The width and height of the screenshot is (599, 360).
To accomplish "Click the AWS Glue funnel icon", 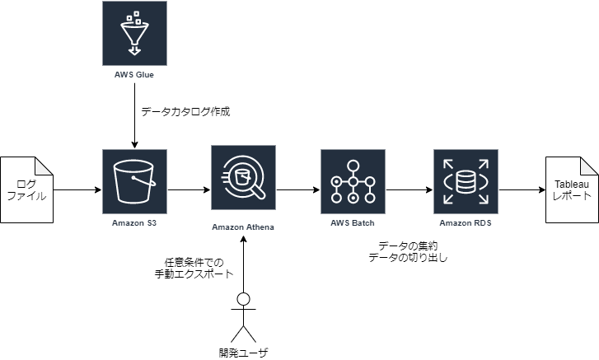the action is tap(134, 33).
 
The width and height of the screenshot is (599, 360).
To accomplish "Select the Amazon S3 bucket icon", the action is tap(134, 181).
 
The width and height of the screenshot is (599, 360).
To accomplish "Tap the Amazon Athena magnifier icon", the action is tap(243, 177).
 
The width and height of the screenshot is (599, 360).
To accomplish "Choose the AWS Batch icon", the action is tap(353, 181).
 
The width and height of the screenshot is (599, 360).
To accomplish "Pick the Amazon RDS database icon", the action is tap(466, 181).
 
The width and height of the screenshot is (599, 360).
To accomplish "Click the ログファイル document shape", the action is tap(26, 189).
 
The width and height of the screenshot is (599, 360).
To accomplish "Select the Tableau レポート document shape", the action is tap(572, 189).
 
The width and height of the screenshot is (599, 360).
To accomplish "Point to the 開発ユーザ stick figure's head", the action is tap(243, 299).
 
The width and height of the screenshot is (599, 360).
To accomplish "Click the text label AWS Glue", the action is tap(134, 75).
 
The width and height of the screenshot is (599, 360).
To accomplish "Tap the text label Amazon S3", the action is tap(134, 223).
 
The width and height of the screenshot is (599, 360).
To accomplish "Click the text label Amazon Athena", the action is tap(243, 227).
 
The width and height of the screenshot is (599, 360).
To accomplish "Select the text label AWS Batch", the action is tap(352, 223).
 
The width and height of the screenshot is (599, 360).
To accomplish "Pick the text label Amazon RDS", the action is tap(466, 223).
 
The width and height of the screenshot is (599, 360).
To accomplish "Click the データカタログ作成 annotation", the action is tap(185, 111).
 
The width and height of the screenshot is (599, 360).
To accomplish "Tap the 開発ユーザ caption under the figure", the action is tap(243, 353).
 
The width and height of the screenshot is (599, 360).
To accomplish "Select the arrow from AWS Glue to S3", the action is tap(134, 115).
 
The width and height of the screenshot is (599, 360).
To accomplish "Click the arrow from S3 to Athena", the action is tap(189, 189).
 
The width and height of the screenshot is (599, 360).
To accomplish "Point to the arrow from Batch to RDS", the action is tap(409, 189).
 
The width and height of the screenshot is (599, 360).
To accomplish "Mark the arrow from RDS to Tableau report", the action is tap(522, 189).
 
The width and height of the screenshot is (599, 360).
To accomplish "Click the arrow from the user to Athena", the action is tap(243, 264).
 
